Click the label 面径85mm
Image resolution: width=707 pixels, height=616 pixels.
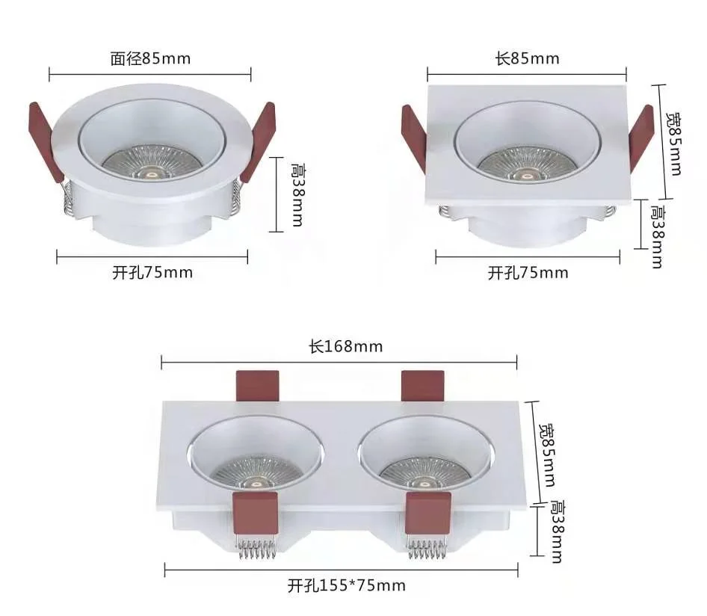pyautogui.click(x=151, y=58)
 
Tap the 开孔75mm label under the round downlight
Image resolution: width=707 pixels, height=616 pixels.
pyautogui.click(x=152, y=273)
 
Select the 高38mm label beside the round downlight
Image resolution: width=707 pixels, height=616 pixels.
pyautogui.click(x=296, y=196)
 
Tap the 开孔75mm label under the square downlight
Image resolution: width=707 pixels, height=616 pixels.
pyautogui.click(x=528, y=273)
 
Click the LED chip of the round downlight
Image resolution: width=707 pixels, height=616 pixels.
pyautogui.click(x=149, y=173)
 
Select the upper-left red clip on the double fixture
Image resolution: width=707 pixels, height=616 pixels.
pyautogui.click(x=257, y=386)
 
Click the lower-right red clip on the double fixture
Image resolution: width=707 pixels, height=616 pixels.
pyautogui.click(x=427, y=512)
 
